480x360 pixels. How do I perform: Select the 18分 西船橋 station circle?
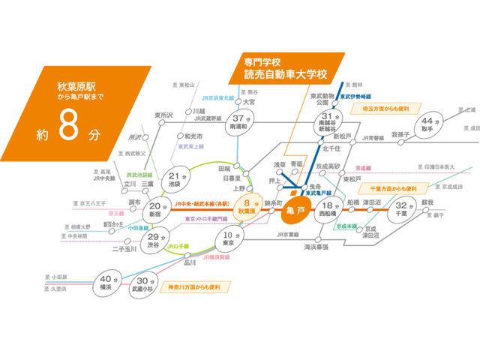click(x=328, y=209)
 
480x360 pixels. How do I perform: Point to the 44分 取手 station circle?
click(x=428, y=126)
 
